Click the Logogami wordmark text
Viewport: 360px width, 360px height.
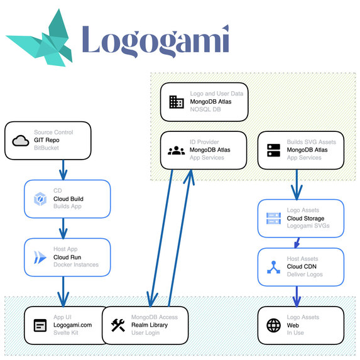pos(155,40)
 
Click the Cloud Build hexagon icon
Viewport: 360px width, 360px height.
pos(40,199)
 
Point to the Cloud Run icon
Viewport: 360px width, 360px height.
pos(40,256)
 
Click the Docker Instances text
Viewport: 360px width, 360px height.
pos(75,265)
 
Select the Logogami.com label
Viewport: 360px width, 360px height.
pos(72,325)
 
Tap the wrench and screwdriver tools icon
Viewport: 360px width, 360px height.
pos(117,325)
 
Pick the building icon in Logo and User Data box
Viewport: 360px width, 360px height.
pos(177,102)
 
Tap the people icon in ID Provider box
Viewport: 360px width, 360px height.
pos(177,150)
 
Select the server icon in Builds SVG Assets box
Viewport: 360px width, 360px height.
pos(273,150)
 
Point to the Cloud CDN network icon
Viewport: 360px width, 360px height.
pos(273,266)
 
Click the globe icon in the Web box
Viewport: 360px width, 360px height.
pos(273,325)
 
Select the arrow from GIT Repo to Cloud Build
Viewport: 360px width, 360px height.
pos(63,168)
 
